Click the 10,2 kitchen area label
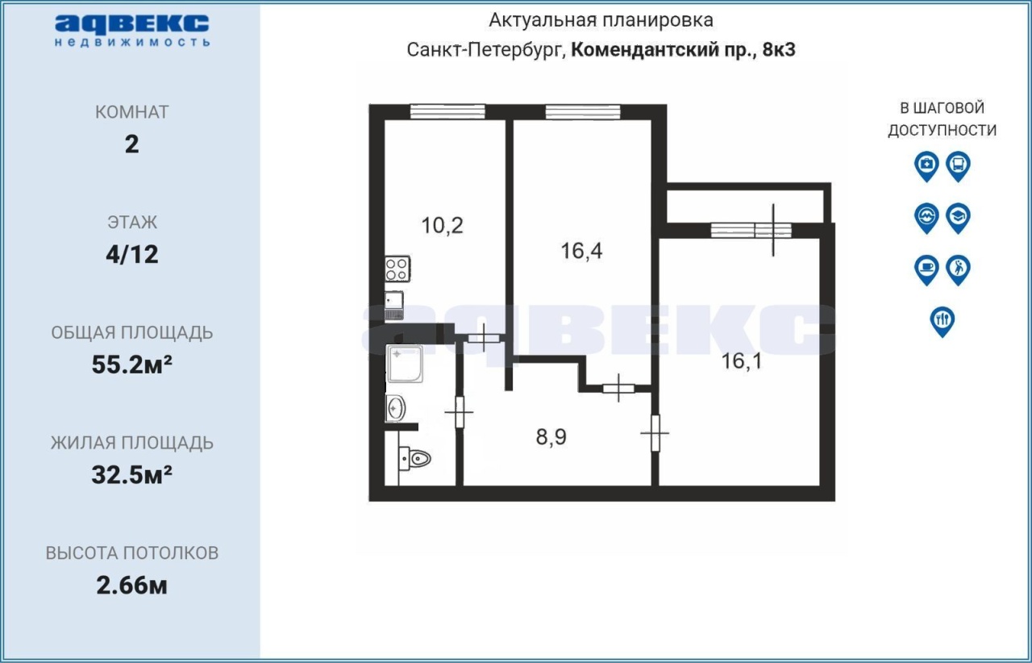[x=443, y=226]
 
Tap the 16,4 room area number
[x=581, y=252]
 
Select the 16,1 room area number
[x=742, y=361]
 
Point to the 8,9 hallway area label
[x=551, y=436]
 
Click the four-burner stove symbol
[x=397, y=269]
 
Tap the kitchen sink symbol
[x=394, y=305]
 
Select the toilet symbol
[x=414, y=459]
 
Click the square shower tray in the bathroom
[x=405, y=364]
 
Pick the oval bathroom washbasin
[x=395, y=408]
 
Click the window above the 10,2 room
[x=447, y=111]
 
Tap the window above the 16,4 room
[x=583, y=111]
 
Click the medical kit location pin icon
[x=926, y=166]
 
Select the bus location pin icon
[x=959, y=166]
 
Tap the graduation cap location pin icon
[x=959, y=218]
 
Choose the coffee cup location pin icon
[x=926, y=270]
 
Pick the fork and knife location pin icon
[x=943, y=322]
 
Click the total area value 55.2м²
[x=131, y=365]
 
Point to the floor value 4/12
[x=131, y=255]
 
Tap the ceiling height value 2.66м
[x=131, y=586]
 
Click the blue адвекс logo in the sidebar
[x=132, y=31]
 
